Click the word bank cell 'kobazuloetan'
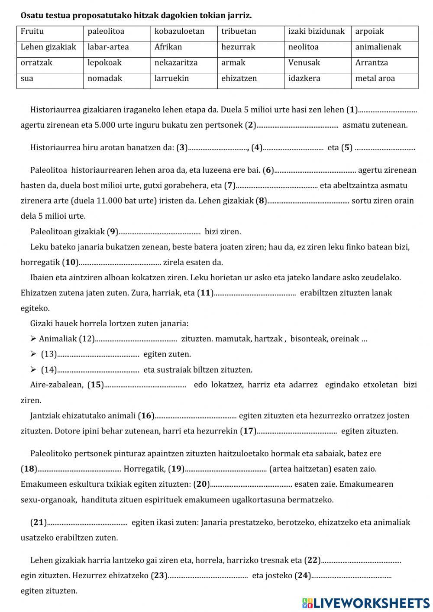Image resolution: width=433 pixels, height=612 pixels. pyautogui.click(x=179, y=31)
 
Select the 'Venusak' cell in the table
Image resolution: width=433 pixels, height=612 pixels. pyautogui.click(x=304, y=63)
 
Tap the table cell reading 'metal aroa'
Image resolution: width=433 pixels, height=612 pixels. pyautogui.click(x=375, y=78)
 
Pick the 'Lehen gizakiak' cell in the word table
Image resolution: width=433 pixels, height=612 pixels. pyautogui.click(x=48, y=47)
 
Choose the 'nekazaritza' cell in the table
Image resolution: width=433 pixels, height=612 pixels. pyautogui.click(x=176, y=63)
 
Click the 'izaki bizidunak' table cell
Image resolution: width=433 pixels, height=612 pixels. pyautogui.click(x=316, y=31)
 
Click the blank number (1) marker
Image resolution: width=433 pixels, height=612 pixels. pyautogui.click(x=352, y=110)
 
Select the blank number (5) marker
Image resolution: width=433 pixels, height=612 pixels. pyautogui.click(x=347, y=148)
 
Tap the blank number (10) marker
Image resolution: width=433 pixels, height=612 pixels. pyautogui.click(x=71, y=262)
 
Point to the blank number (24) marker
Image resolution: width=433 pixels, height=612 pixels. pyautogui.click(x=303, y=576)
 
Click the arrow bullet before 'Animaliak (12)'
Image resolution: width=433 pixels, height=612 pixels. pyautogui.click(x=33, y=339)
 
